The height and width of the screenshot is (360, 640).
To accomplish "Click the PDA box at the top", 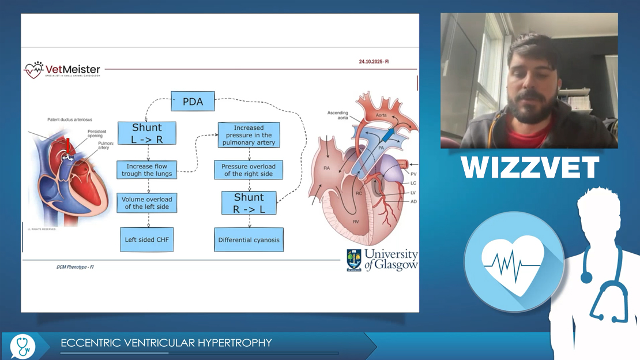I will point(193,102).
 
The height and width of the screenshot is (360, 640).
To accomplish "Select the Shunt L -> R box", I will point(146,133).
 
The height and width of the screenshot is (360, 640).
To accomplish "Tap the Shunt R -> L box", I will point(249,203).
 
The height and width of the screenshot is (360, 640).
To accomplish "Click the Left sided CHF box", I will point(146,239).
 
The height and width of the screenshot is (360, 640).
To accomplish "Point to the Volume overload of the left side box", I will point(146,203).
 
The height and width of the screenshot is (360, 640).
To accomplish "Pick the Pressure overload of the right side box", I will point(249,170).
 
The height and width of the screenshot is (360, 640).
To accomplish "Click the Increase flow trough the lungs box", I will point(146,170).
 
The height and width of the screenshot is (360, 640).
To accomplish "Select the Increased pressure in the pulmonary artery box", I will point(249,135).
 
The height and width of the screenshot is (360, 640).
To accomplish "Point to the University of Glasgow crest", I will point(353,260).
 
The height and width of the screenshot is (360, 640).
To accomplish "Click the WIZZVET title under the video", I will point(529,167).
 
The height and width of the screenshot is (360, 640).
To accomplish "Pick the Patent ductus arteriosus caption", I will point(69,119).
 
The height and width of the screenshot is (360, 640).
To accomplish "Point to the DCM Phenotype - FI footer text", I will point(71,267).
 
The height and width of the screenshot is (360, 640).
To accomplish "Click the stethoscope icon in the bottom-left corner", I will point(22,345).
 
